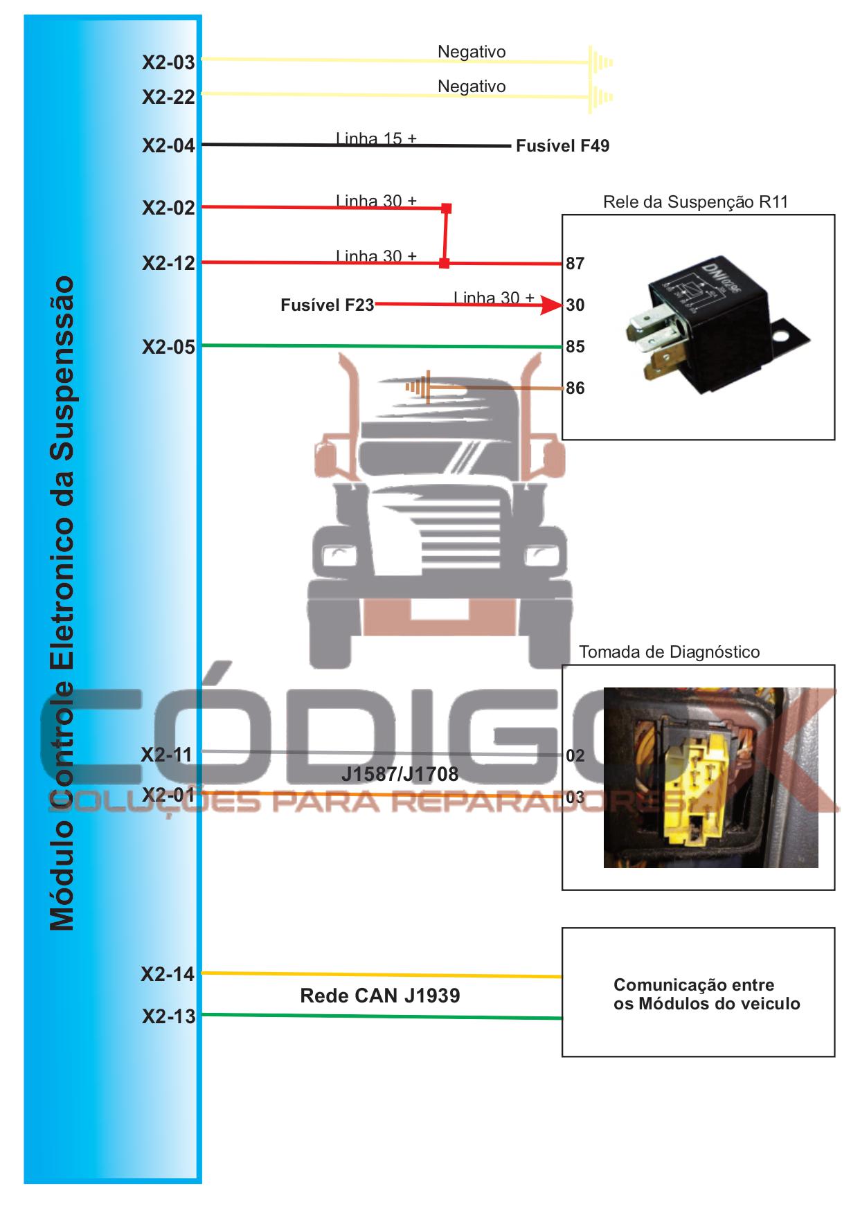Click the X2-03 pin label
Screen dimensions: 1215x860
(168, 62)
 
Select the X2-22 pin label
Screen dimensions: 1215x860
(168, 97)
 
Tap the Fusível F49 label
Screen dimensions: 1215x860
(562, 146)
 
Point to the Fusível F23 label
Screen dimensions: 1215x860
(327, 305)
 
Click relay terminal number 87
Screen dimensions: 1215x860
(575, 264)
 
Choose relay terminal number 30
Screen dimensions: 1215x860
(575, 305)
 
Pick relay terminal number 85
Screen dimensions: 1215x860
(575, 347)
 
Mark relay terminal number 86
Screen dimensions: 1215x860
(575, 388)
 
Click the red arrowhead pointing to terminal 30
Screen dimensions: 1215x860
(552, 305)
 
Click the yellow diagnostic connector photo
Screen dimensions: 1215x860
(710, 777)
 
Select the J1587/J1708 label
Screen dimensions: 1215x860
(400, 774)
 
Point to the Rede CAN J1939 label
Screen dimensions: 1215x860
(379, 996)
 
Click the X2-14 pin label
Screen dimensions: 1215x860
(168, 975)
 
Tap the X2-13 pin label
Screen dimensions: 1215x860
(168, 1016)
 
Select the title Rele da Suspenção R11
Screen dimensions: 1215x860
(695, 202)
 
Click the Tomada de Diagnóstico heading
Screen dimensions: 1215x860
(669, 652)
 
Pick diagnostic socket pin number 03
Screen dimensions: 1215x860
(575, 798)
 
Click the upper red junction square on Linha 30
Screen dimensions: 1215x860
(447, 208)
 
